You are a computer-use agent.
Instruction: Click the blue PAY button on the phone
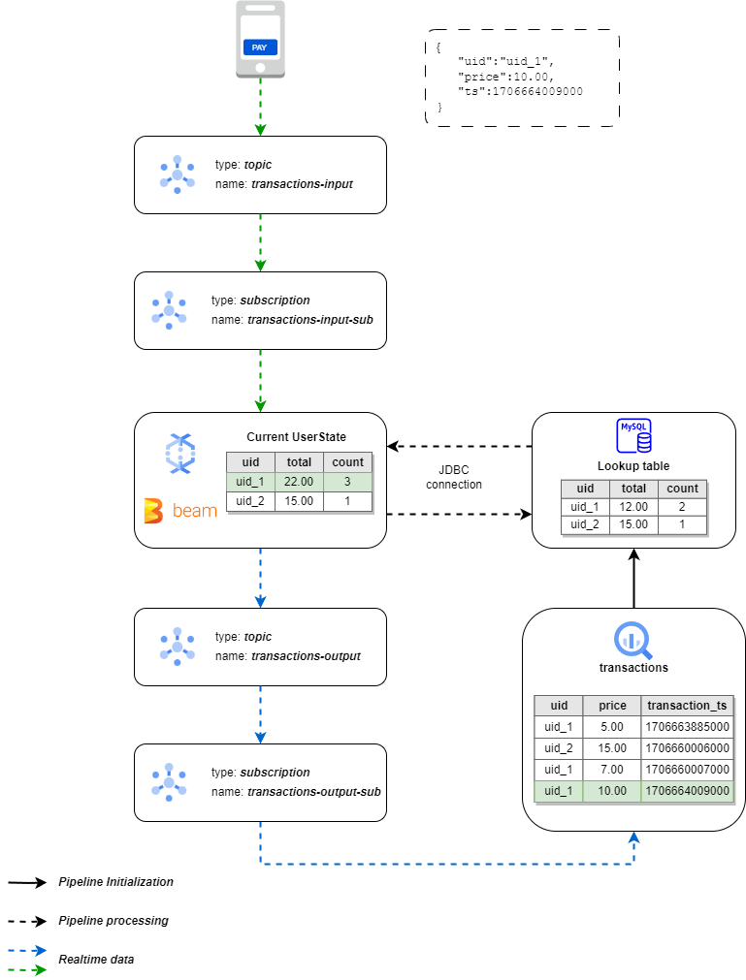(x=260, y=47)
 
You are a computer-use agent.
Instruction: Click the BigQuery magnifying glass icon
(x=633, y=639)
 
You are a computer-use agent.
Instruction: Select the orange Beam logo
(x=180, y=511)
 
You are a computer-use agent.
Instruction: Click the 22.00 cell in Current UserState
(x=299, y=482)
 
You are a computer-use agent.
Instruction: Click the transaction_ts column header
(x=686, y=706)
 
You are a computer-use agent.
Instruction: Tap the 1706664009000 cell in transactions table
(x=686, y=791)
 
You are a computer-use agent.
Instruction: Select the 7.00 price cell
(x=612, y=770)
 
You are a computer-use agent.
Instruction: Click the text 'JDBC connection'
(x=454, y=477)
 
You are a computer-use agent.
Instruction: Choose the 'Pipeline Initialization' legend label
(x=115, y=882)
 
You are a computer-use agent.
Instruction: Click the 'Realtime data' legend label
(x=96, y=959)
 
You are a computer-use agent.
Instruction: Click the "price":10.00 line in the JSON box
(x=505, y=76)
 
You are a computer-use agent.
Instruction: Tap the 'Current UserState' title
(x=296, y=437)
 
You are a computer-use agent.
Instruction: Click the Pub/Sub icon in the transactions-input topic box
(x=178, y=174)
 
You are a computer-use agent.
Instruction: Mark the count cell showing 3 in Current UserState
(x=347, y=482)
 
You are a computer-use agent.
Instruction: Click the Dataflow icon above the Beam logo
(x=180, y=453)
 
